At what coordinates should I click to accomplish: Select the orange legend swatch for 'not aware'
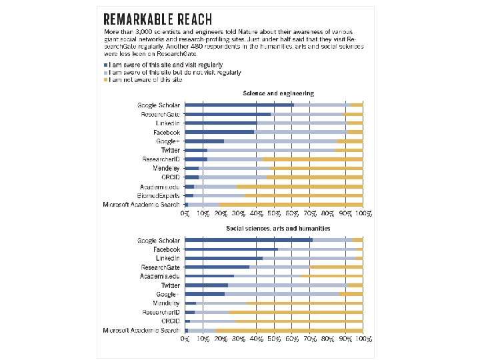coord(104,80)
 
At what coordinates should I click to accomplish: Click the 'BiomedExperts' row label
coord(158,195)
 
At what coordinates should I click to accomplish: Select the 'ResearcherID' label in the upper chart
coord(161,159)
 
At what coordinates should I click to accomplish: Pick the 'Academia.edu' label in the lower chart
coord(160,276)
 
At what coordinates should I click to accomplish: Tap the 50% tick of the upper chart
coord(274,213)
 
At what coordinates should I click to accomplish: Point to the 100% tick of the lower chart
coord(363,339)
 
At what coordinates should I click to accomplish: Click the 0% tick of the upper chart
coord(185,213)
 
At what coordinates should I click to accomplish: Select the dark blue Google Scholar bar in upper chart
coord(239,105)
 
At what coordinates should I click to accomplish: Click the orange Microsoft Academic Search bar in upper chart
coord(291,204)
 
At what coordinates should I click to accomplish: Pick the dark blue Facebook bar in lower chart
coord(231,249)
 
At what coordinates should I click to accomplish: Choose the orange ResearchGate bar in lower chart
coord(336,267)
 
